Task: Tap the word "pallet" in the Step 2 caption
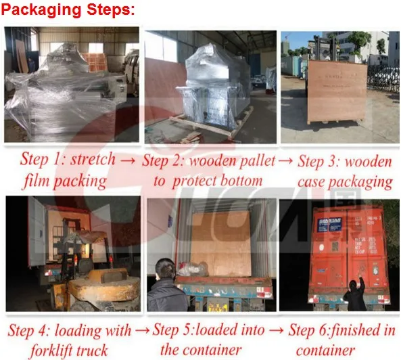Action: [x=254, y=161]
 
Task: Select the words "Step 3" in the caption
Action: [x=319, y=161]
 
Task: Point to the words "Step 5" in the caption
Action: [x=174, y=331]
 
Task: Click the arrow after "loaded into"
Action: [x=276, y=331]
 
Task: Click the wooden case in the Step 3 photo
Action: [x=336, y=92]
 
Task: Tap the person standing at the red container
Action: [x=355, y=289]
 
